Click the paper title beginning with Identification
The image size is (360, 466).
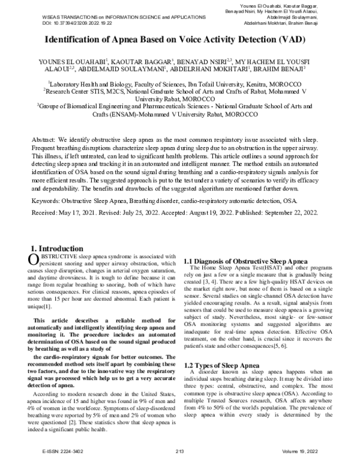[179, 41]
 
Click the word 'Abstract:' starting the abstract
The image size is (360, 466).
[43, 139]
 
